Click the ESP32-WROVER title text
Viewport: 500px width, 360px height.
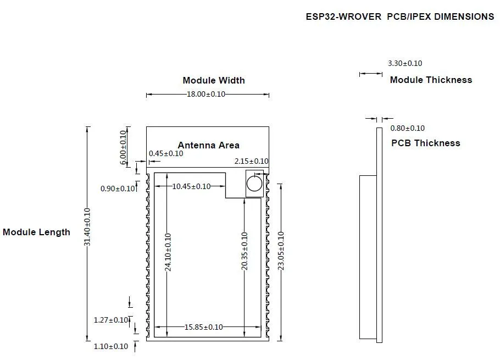click(343, 16)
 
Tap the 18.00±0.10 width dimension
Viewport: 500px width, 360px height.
click(206, 94)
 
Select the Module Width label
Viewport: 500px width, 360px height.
click(214, 80)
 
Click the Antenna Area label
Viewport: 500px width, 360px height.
click(209, 146)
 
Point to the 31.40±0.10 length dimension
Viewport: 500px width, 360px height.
click(87, 227)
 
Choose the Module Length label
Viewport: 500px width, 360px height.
click(36, 232)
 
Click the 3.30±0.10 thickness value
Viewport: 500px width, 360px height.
click(405, 63)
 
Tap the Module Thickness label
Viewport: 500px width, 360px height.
click(431, 80)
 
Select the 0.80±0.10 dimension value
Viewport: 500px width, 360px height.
click(408, 128)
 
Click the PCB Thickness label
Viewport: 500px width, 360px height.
click(426, 143)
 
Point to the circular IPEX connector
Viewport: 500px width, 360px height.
click(254, 184)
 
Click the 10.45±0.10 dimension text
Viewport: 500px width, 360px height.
click(191, 186)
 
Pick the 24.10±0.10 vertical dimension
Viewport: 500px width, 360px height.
click(168, 252)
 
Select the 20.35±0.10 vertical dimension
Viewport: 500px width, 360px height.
click(245, 251)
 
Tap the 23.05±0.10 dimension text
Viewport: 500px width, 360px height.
click(281, 251)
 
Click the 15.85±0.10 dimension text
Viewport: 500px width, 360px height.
click(204, 327)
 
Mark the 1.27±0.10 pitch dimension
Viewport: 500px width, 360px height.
click(111, 320)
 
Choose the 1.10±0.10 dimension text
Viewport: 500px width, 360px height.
click(111, 346)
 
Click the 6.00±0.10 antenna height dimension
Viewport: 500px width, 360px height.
click(123, 148)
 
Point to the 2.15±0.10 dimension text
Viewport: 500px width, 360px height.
click(251, 162)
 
